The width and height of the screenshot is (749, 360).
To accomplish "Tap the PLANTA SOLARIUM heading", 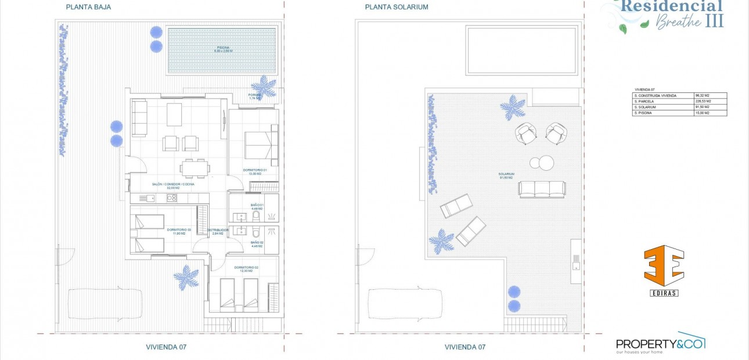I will pos(397,8).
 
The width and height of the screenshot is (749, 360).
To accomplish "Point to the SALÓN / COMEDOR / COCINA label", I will pos(173,185).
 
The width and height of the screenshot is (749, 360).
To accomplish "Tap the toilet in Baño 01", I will pos(256,216).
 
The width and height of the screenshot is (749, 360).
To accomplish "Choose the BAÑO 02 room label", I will pos(257,244).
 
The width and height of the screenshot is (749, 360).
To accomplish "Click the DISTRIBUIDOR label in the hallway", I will pos(218,232).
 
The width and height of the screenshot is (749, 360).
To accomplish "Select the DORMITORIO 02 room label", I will pos(246,269).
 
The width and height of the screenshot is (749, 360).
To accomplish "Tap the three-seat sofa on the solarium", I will pos(542,189).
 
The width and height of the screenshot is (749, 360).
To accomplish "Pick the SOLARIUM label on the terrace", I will pos(506,174).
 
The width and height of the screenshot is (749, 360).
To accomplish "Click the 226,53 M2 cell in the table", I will pos(703,101).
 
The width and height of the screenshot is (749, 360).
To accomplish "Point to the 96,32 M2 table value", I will pos(703,95).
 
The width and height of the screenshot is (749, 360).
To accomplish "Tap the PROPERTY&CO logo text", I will pos(660,343).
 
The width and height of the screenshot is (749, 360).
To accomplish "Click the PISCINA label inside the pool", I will pos(224,49).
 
